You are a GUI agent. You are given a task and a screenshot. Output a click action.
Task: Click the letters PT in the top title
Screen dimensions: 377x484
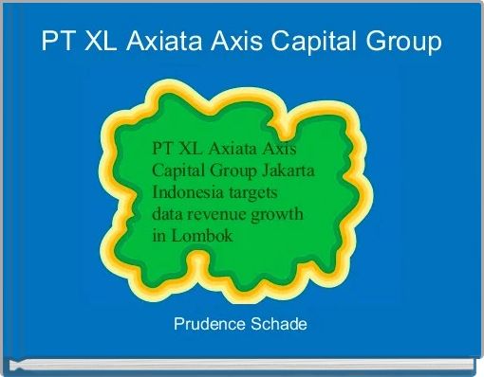(x=55, y=42)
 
